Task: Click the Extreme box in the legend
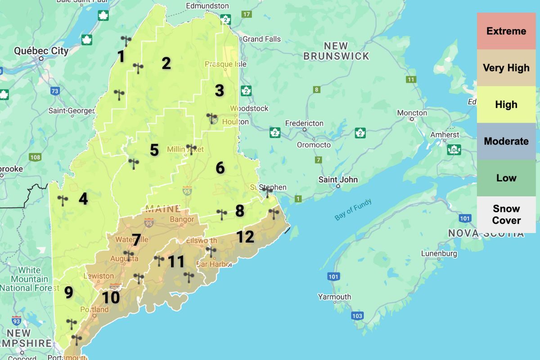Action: coord(506,31)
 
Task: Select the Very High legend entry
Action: coord(506,68)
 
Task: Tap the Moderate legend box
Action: coord(506,141)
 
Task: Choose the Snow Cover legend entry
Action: coord(506,215)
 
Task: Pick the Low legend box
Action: coord(506,178)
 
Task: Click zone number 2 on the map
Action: coord(166,63)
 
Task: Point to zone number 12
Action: coord(245,237)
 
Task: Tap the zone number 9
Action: coord(68,292)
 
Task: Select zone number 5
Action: coord(154,150)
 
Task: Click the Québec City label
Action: coord(41,51)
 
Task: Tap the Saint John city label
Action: coord(338,180)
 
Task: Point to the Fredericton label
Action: coord(304,123)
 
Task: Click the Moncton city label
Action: coord(412,113)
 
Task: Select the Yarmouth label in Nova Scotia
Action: coord(334,297)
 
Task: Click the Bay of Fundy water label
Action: coord(353,210)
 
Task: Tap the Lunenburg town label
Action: coord(439,254)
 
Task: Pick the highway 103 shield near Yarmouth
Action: coord(357,315)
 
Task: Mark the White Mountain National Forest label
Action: coord(29,279)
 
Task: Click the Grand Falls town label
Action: coord(261,39)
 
